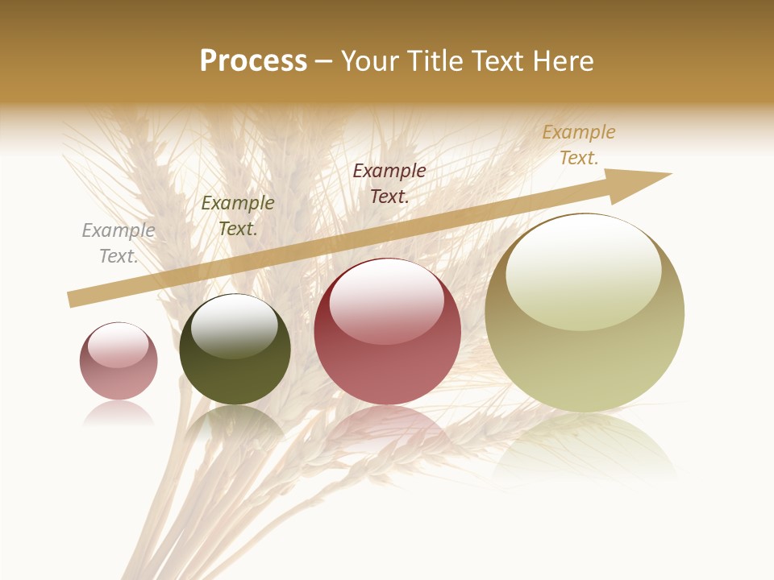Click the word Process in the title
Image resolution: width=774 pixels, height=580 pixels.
(x=253, y=61)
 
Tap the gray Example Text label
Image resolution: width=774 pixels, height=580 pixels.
(x=119, y=243)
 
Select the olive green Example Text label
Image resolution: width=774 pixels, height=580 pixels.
(x=238, y=216)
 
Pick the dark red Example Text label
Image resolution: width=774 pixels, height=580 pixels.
(x=389, y=183)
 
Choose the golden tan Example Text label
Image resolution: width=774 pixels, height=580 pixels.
(x=579, y=145)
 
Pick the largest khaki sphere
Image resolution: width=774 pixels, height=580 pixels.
(x=585, y=354)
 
